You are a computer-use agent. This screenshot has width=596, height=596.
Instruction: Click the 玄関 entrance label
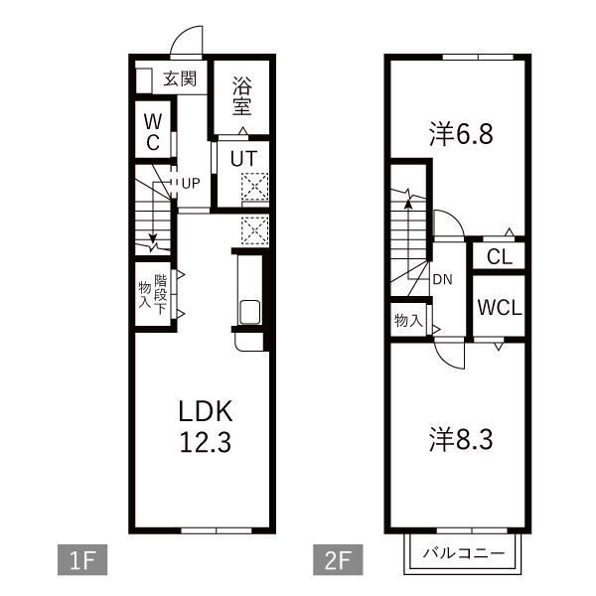tap(180, 79)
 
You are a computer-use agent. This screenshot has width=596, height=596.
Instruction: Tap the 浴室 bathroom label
tap(242, 96)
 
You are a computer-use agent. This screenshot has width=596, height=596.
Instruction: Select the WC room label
tap(153, 132)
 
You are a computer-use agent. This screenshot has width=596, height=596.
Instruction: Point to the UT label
tap(243, 159)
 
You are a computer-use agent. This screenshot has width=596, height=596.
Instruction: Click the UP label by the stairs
tap(191, 184)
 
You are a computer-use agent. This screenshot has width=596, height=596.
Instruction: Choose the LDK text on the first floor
tap(206, 411)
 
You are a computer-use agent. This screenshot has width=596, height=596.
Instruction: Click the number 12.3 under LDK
tap(206, 442)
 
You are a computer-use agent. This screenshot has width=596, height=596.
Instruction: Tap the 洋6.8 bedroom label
tap(461, 134)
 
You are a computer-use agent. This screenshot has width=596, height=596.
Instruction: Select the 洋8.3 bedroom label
tap(461, 439)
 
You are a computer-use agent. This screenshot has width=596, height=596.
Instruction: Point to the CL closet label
tap(500, 257)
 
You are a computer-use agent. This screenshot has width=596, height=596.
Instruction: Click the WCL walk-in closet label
tap(500, 308)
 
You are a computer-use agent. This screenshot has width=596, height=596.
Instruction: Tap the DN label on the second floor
tap(442, 280)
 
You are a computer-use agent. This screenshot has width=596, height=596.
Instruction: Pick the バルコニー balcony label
tap(464, 552)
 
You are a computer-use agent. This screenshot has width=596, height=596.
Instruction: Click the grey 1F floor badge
tap(82, 559)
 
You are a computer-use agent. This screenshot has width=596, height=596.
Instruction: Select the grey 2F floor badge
tap(338, 559)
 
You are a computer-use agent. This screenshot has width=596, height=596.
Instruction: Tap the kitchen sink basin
tap(249, 312)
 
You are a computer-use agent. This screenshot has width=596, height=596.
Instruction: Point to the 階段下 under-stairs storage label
tap(160, 294)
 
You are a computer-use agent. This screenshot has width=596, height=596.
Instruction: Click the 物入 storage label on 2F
tap(408, 321)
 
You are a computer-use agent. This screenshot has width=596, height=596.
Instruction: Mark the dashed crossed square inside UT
tap(255, 187)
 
